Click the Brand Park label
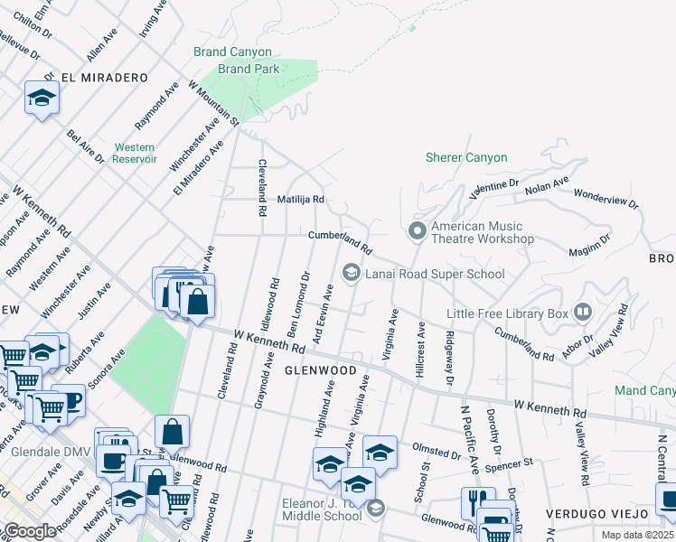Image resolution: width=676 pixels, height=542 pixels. pos(246,69)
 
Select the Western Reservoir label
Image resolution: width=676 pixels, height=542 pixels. pos(134,153)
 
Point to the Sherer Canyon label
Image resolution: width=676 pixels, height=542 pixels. pos(466,157)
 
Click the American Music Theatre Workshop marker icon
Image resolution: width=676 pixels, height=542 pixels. pos(417,232)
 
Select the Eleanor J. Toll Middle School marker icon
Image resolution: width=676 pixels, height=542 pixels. pos(375,509)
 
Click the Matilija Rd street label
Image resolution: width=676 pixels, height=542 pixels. pos(300,199)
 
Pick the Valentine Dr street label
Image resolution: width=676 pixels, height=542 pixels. pos(494,188)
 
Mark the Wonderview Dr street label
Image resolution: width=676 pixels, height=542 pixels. pos(606,199)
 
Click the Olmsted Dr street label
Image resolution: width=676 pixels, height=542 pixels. pos(436,451)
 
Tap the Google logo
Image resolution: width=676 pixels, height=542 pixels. pos(31,532)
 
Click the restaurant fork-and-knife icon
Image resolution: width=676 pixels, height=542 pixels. pos(478,502)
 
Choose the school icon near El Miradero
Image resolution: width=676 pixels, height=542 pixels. pos(42,97)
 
